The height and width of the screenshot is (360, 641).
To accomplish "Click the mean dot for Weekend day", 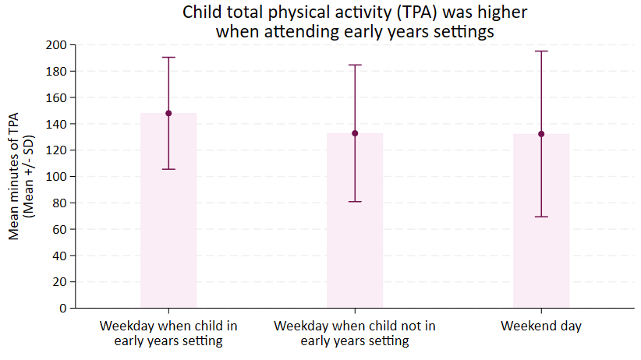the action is tap(541, 134).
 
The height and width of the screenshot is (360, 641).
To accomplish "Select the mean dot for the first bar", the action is tap(168, 113).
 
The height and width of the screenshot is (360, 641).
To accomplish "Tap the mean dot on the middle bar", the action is tap(355, 133).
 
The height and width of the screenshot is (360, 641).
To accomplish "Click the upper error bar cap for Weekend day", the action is tap(541, 51).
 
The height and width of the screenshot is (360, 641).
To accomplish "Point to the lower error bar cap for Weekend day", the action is tap(541, 217).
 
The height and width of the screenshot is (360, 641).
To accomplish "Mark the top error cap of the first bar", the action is tap(168, 57).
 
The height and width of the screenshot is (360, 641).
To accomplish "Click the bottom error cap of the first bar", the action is tap(168, 169).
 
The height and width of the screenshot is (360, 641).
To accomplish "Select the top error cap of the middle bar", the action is tap(355, 65).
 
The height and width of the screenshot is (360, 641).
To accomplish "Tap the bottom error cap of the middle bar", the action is tap(355, 202).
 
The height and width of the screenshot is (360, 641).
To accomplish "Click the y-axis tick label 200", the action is tap(56, 45).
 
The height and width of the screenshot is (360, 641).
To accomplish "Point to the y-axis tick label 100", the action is tap(56, 177).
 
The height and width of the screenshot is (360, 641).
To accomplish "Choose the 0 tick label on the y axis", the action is tap(63, 308).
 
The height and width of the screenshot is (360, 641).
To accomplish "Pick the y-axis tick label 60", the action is tap(60, 229).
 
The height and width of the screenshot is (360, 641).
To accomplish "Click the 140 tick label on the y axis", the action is tap(56, 124).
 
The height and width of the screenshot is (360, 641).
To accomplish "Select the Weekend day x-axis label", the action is tap(541, 326).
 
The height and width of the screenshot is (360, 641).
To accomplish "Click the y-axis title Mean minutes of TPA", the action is tap(13, 176).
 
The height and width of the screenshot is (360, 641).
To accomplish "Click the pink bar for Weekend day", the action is tap(541, 221).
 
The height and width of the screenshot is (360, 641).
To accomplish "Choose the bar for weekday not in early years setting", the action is tap(355, 221).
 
